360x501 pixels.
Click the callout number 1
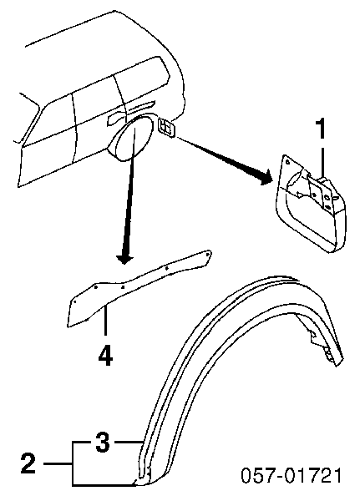pos(321,129)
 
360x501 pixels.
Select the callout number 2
pos(28,463)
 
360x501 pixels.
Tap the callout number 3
pos(103,443)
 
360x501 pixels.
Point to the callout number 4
pos(105,357)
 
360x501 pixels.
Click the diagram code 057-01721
pos(291,475)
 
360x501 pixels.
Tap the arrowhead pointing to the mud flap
pos(266,177)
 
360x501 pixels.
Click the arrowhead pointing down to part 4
pos(124,258)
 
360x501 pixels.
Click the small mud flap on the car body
pos(166,127)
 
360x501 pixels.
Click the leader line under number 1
pos(322,161)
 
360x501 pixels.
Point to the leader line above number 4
pos(105,322)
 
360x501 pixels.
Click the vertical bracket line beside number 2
pos(73,463)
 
